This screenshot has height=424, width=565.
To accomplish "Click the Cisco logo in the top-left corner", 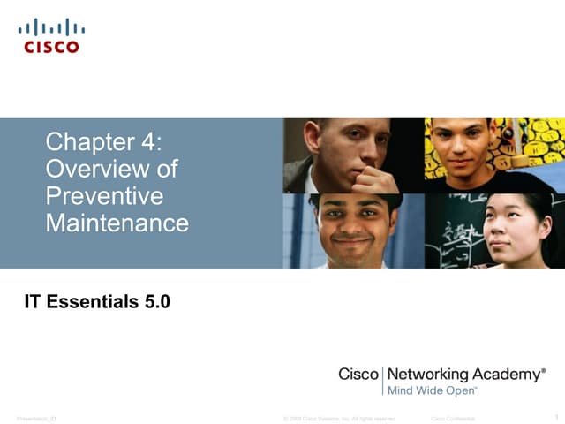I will (x=49, y=35).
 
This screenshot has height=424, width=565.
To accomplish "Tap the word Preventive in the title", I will (x=104, y=195).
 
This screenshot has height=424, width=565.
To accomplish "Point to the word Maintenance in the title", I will (x=117, y=223).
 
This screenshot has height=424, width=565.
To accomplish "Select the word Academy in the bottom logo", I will (x=511, y=375).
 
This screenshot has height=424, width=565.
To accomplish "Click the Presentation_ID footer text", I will (x=36, y=418).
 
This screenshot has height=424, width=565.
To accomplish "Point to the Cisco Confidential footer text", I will (x=453, y=418).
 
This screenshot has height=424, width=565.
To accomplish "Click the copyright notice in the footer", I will (x=340, y=418).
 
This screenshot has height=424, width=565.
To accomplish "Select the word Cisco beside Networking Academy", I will (x=358, y=375).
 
